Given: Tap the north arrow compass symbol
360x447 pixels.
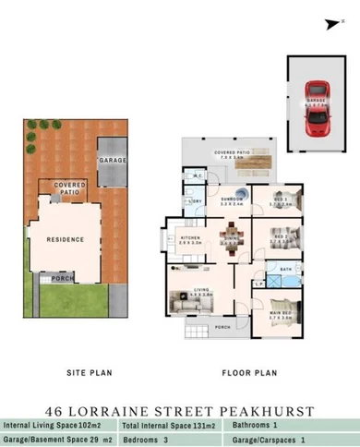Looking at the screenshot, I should [x=330, y=27].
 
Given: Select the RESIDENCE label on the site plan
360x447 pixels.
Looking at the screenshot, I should [x=66, y=239].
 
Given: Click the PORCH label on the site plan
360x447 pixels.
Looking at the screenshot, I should [x=63, y=277].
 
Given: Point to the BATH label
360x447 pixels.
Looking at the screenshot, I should [x=286, y=269].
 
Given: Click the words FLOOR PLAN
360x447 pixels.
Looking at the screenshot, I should [x=248, y=373].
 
